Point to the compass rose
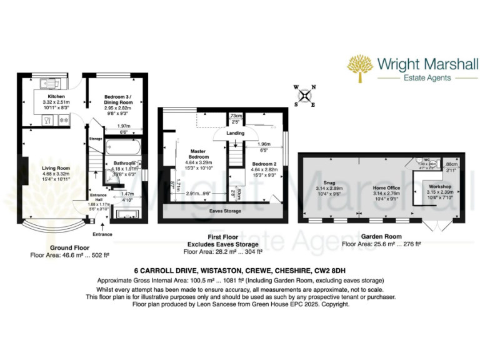click(305, 95)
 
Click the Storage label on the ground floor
click(95, 138)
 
